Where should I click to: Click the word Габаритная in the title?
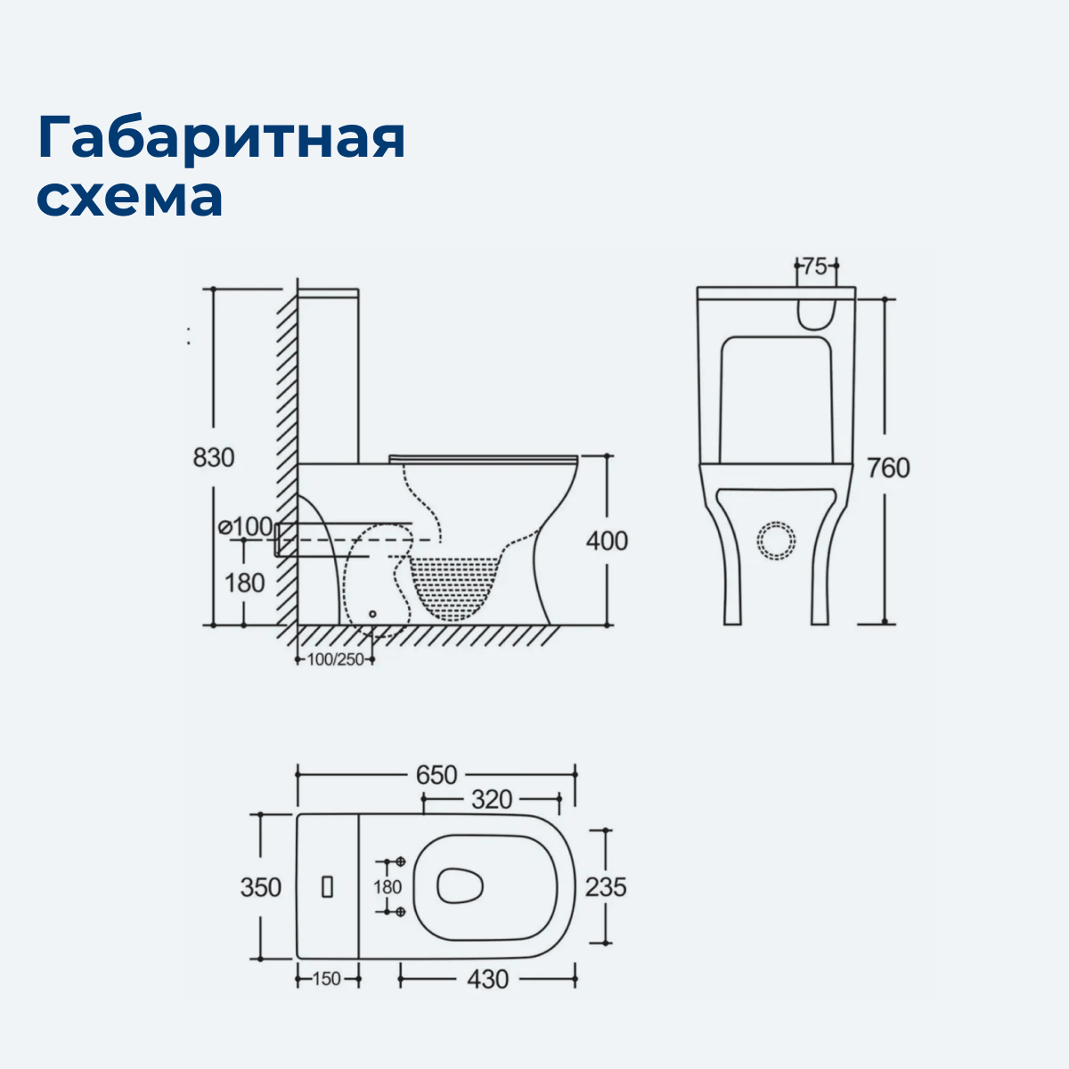click(x=221, y=137)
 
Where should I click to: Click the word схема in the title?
click(x=130, y=198)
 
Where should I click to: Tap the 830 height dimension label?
click(x=214, y=457)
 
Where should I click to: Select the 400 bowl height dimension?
click(x=607, y=541)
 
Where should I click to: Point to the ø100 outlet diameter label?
click(x=246, y=526)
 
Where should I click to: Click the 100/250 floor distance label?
click(x=335, y=660)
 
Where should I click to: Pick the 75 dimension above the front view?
click(x=814, y=265)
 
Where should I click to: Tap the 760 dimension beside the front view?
click(x=888, y=468)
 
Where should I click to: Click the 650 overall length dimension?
click(x=437, y=775)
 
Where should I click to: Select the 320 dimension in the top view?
click(x=492, y=799)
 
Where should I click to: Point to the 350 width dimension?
click(x=260, y=887)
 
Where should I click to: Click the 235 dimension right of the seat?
click(x=606, y=887)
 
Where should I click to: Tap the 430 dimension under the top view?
click(x=488, y=979)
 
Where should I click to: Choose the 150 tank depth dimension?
click(x=327, y=979)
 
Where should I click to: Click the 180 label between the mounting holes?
click(x=388, y=887)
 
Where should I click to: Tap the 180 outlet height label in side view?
click(x=244, y=583)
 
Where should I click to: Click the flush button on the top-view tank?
click(x=327, y=887)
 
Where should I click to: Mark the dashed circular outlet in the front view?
click(x=775, y=541)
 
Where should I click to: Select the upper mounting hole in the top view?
click(x=400, y=862)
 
